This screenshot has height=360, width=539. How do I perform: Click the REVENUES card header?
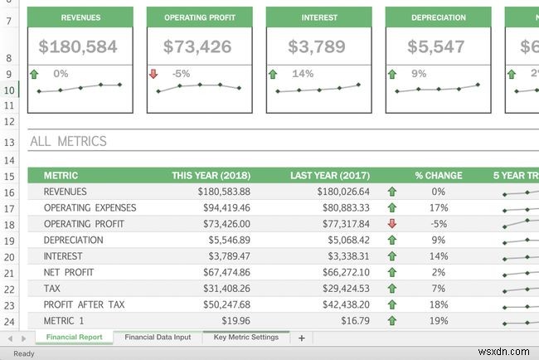coord(80,17)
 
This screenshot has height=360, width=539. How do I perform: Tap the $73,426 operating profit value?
coord(197,47)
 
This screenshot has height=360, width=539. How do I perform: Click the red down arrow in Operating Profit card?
coord(153,75)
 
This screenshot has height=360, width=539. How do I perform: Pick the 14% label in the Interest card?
coord(303,74)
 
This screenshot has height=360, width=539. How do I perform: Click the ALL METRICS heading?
coord(68,141)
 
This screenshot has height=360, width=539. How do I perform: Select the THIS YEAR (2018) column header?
coord(211,176)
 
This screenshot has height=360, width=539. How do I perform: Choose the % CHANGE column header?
coord(439,176)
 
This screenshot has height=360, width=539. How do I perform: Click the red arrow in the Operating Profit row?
coord(392,224)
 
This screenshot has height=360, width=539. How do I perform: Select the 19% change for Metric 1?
coord(439,320)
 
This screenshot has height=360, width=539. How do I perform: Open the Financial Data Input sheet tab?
coord(157,338)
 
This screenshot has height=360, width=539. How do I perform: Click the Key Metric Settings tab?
coord(245,338)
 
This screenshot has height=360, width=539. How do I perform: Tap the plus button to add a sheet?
coord(302,338)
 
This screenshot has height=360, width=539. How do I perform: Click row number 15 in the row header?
coord(9,176)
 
